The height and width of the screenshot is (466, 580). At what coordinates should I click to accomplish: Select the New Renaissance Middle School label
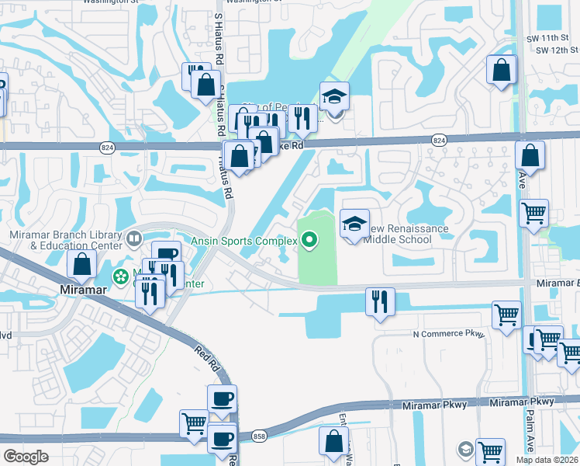tap(408, 234)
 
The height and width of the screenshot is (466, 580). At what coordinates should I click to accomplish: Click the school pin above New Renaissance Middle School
tap(354, 224)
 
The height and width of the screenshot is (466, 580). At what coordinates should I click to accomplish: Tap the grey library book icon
tap(133, 237)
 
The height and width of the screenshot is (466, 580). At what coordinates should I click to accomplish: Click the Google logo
tap(26, 456)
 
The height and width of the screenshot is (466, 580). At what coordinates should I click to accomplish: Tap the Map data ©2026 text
tap(546, 460)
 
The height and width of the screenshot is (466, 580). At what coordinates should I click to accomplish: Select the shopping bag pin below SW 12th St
tap(502, 70)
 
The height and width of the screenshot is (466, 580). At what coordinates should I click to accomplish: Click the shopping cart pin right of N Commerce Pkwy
tap(506, 315)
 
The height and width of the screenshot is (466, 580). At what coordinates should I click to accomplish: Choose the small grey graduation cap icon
tap(464, 449)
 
